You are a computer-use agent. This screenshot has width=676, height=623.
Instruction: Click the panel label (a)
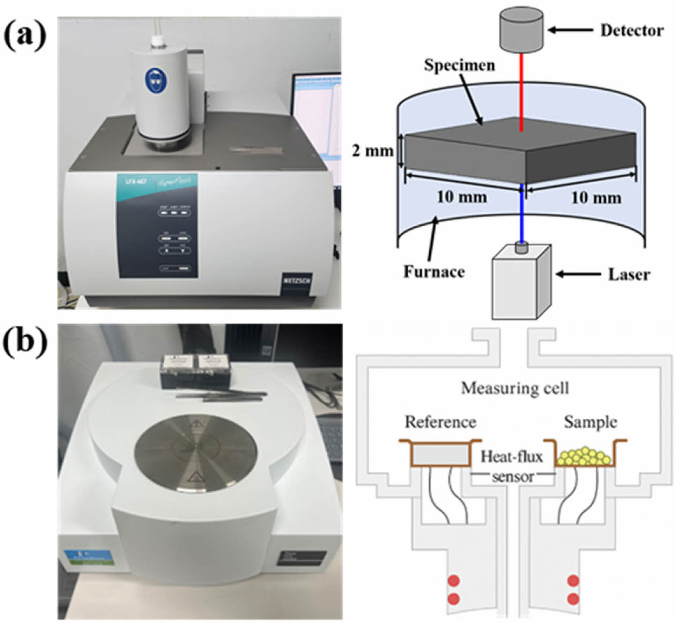(x=24, y=36)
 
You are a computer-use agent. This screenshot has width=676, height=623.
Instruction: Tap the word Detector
(x=631, y=31)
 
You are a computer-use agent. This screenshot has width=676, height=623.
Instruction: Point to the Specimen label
(x=459, y=65)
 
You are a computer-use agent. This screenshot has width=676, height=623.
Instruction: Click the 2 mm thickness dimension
(x=372, y=151)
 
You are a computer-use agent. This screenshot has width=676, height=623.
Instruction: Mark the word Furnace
(x=433, y=272)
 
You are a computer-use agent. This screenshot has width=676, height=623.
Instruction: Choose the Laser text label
(x=629, y=275)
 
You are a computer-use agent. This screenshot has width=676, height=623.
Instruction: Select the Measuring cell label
(x=515, y=388)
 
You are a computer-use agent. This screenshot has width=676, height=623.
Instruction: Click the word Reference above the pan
(x=440, y=422)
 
